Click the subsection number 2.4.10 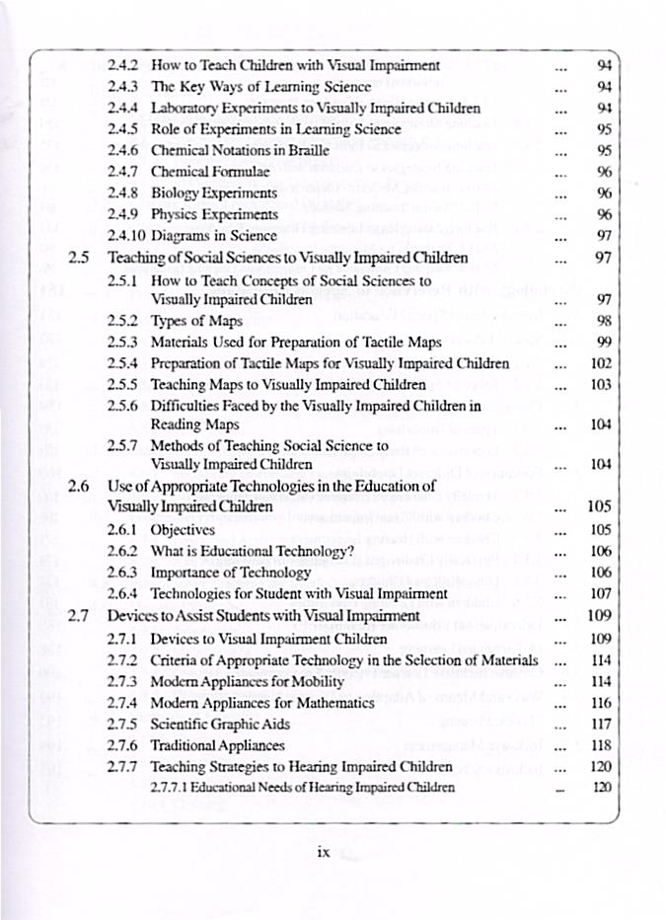[125, 235]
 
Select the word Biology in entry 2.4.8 [175, 192]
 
